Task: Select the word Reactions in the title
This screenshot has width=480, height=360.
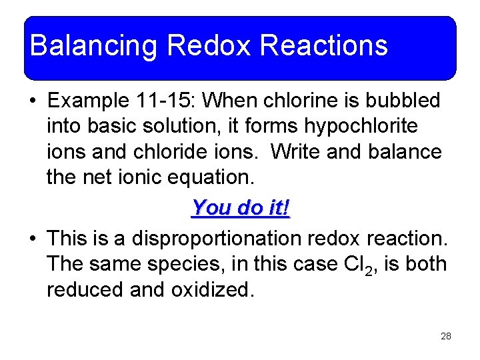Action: pyautogui.click(x=324, y=46)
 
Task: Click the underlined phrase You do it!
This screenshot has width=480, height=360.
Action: pyautogui.click(x=241, y=207)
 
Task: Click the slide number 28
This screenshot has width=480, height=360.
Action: pyautogui.click(x=446, y=337)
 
